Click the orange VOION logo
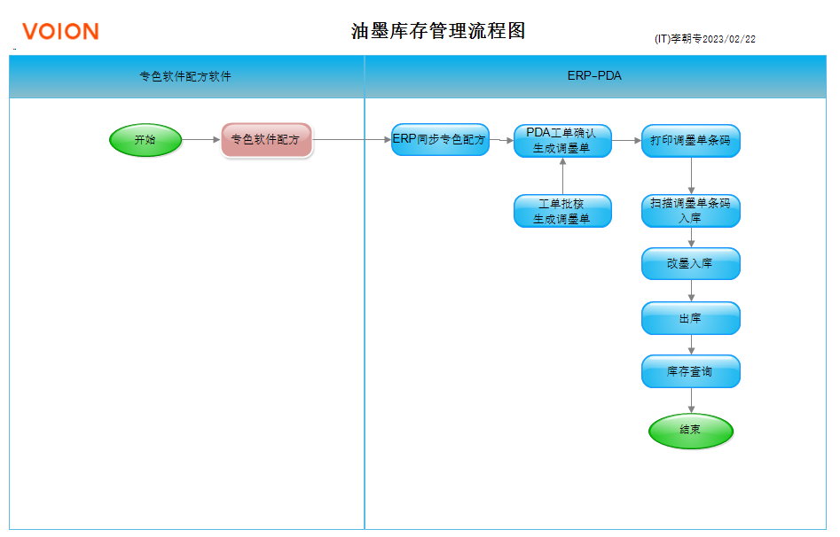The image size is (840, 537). tap(60, 32)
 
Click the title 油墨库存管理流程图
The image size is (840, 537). tap(438, 30)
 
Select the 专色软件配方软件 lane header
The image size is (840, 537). tap(185, 76)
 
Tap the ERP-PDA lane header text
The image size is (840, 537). tap(594, 76)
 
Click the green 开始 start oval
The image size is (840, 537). tap(145, 140)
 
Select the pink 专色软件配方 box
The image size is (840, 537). tap(266, 140)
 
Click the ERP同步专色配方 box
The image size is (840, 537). tap(440, 140)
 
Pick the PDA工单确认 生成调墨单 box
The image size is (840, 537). tap(562, 141)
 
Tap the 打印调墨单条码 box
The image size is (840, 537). tap(690, 141)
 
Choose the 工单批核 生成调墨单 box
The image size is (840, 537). tap(562, 211)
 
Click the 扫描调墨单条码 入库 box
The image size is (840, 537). tap(690, 211)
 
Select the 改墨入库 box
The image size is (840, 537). tap(690, 263)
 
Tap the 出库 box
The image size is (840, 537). tap(690, 318)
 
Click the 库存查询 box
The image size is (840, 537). tap(690, 371)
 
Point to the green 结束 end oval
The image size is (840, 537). tap(690, 431)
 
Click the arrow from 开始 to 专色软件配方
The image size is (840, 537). tap(201, 140)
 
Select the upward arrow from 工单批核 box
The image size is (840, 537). tap(562, 176)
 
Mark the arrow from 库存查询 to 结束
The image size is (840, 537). tap(691, 401)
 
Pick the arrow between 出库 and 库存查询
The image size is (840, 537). tap(691, 345)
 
